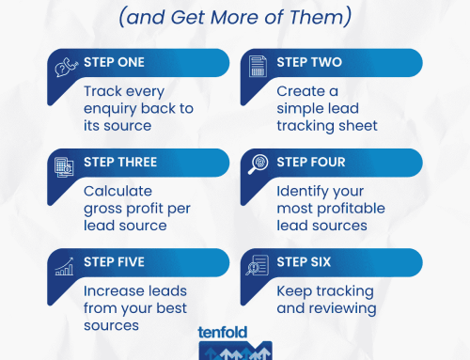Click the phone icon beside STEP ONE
(x=63, y=67)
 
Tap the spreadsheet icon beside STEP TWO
(x=256, y=67)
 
